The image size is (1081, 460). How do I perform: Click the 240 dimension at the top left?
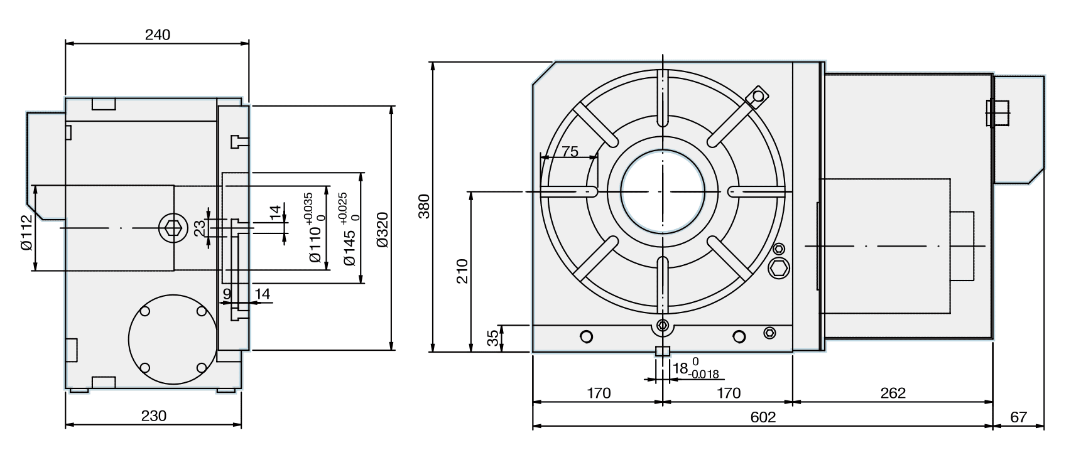157,35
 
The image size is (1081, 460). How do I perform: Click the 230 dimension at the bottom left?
153,416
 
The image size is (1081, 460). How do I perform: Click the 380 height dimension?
424,206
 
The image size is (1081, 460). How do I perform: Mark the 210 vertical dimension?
462,270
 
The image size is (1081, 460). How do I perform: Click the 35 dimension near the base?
494,338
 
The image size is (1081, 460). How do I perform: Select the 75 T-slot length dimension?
570,151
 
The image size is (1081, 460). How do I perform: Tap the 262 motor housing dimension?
893,393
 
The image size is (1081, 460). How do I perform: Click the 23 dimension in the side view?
200,228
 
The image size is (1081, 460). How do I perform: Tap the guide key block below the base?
662,351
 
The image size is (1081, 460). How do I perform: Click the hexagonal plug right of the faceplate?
780,269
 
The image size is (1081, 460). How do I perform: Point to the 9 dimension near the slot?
227,293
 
